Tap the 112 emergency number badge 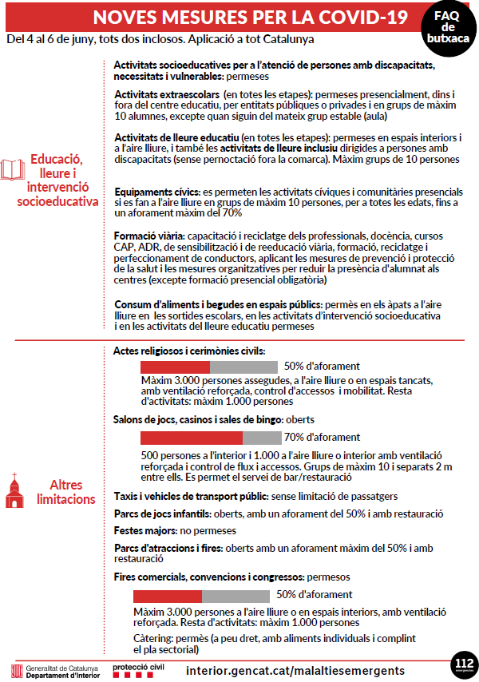pos(462,664)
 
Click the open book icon pos(14,170)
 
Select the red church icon pos(14,486)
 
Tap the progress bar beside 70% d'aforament pos(211,438)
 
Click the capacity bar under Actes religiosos pos(208,367)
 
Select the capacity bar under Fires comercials pos(201,596)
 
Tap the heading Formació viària pos(149,237)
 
